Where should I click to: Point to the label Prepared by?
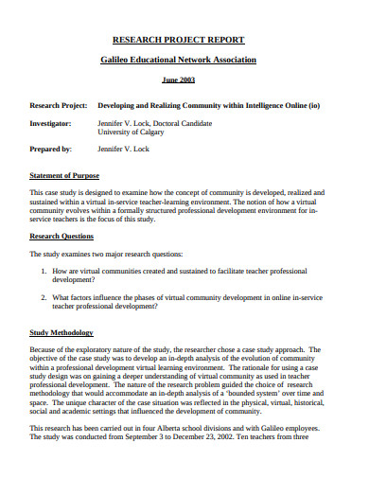click(x=52, y=149)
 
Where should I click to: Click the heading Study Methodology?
click(x=61, y=333)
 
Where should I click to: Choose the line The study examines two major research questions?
click(x=118, y=254)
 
